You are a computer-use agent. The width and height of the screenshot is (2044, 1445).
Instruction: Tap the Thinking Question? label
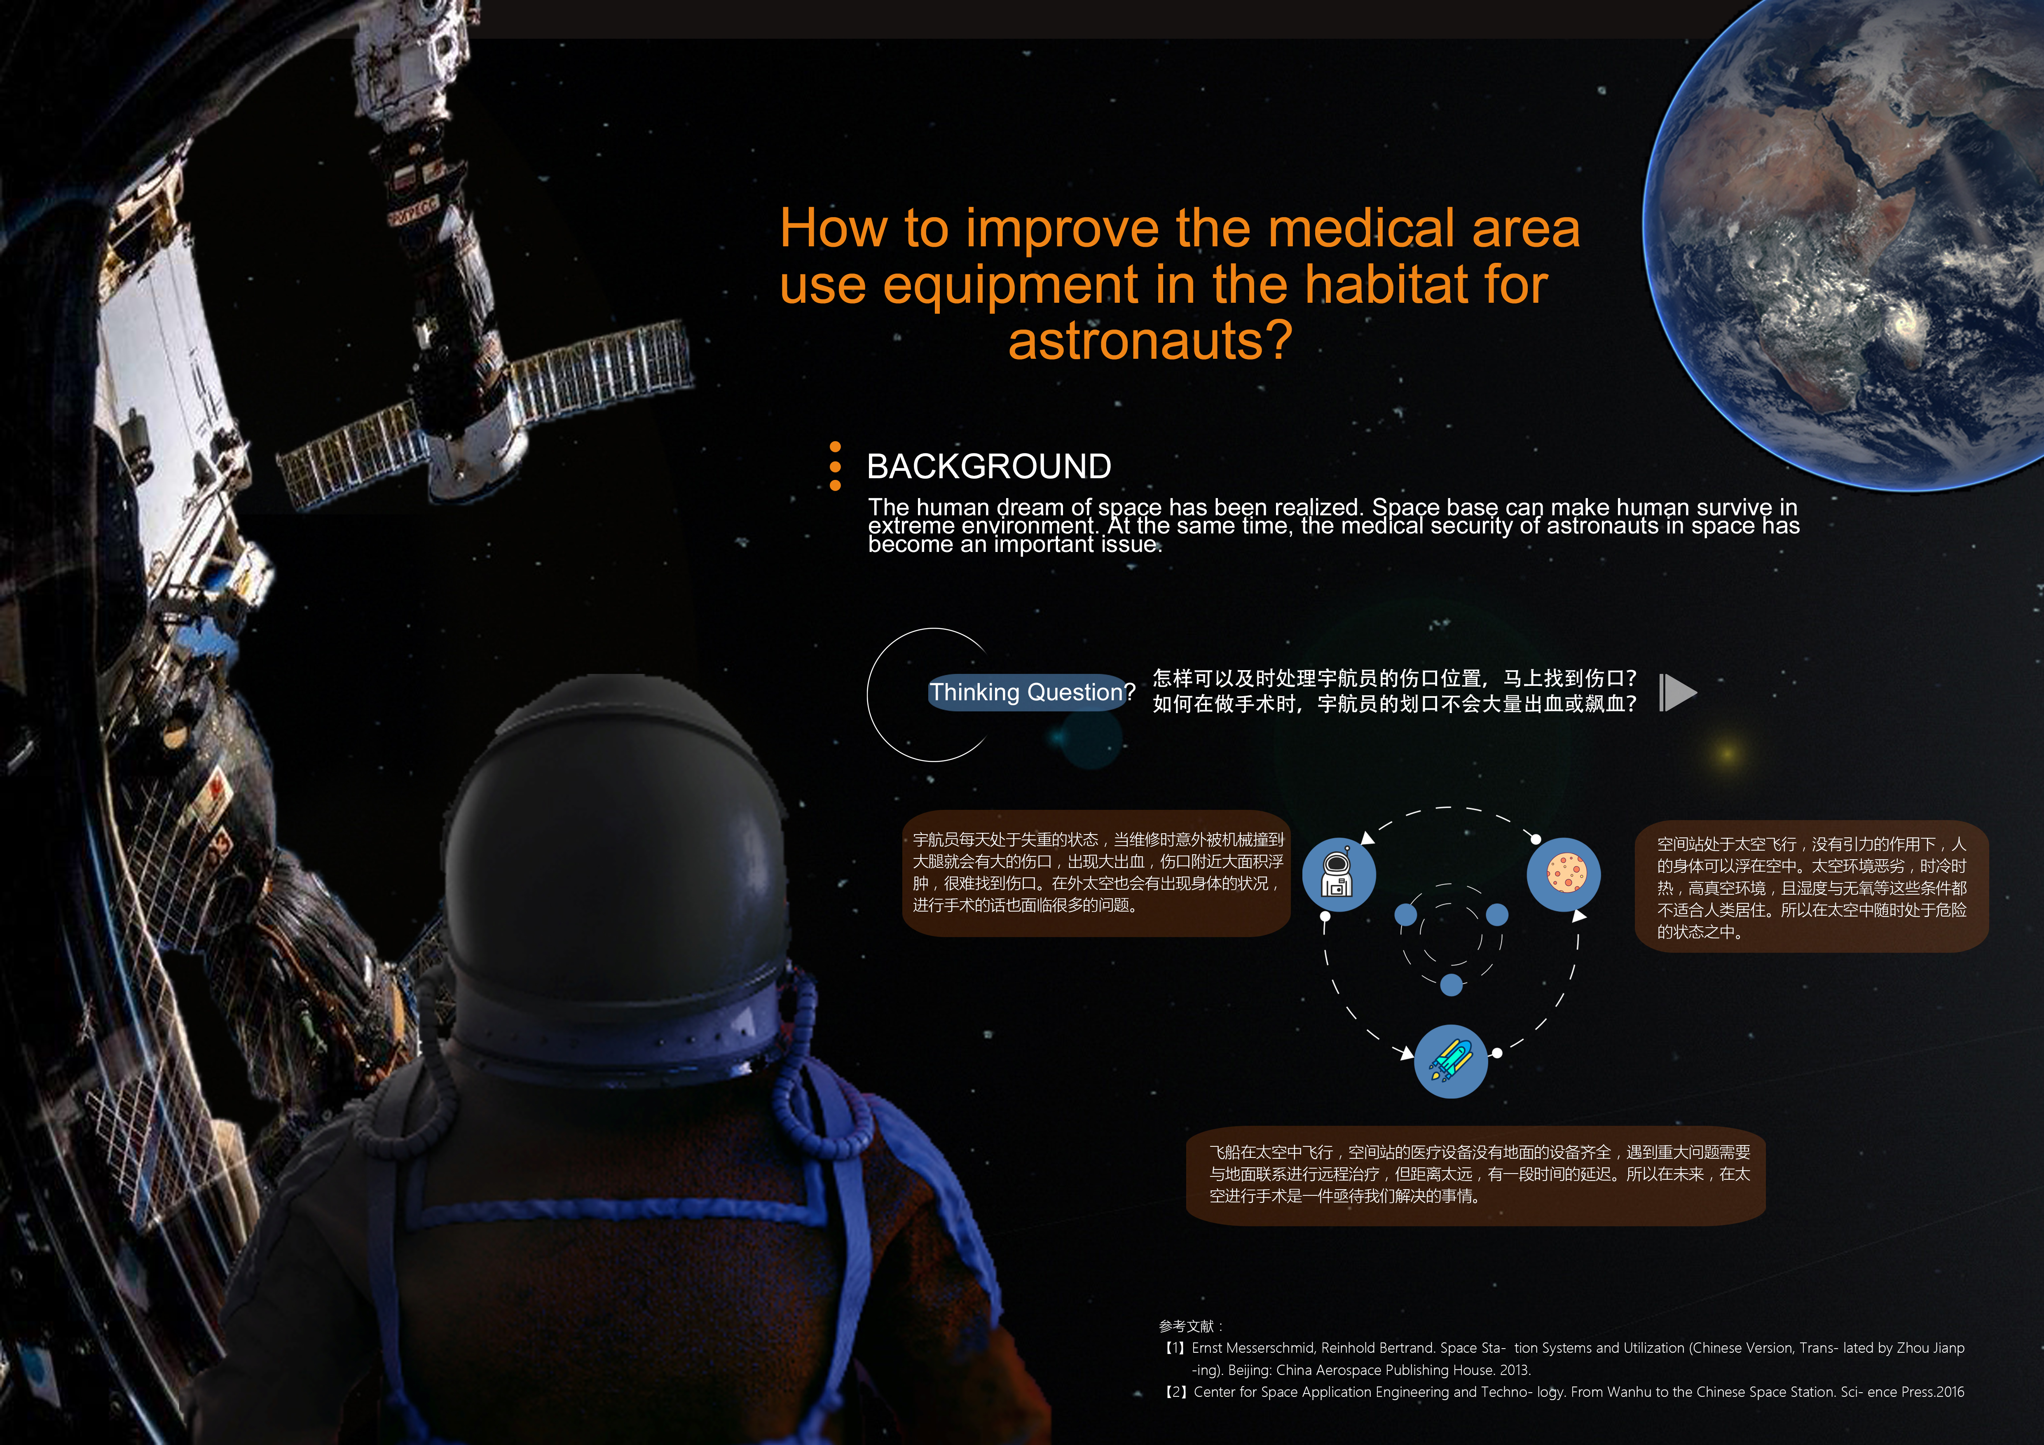click(1031, 692)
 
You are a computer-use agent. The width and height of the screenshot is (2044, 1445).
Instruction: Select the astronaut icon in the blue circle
click(1338, 874)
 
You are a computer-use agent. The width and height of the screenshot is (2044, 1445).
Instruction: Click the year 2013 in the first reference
click(1513, 1370)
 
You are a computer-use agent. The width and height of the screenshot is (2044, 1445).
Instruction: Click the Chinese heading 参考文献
click(1187, 1326)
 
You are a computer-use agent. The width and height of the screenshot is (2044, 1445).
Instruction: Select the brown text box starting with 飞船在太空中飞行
click(1475, 1174)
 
